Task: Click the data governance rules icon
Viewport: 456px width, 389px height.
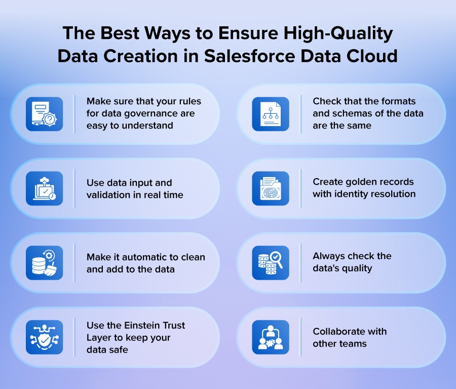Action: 45,114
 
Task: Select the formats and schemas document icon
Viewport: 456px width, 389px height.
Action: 271,114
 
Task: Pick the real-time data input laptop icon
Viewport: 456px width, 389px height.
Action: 45,188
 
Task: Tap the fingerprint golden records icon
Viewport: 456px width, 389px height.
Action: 271,188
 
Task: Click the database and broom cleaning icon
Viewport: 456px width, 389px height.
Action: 45,263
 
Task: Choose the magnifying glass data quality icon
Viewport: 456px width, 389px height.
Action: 271,263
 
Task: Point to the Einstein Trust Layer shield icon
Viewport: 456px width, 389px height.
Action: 45,337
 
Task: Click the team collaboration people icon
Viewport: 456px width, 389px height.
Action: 271,337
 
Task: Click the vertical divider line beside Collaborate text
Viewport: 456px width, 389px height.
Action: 301,337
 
